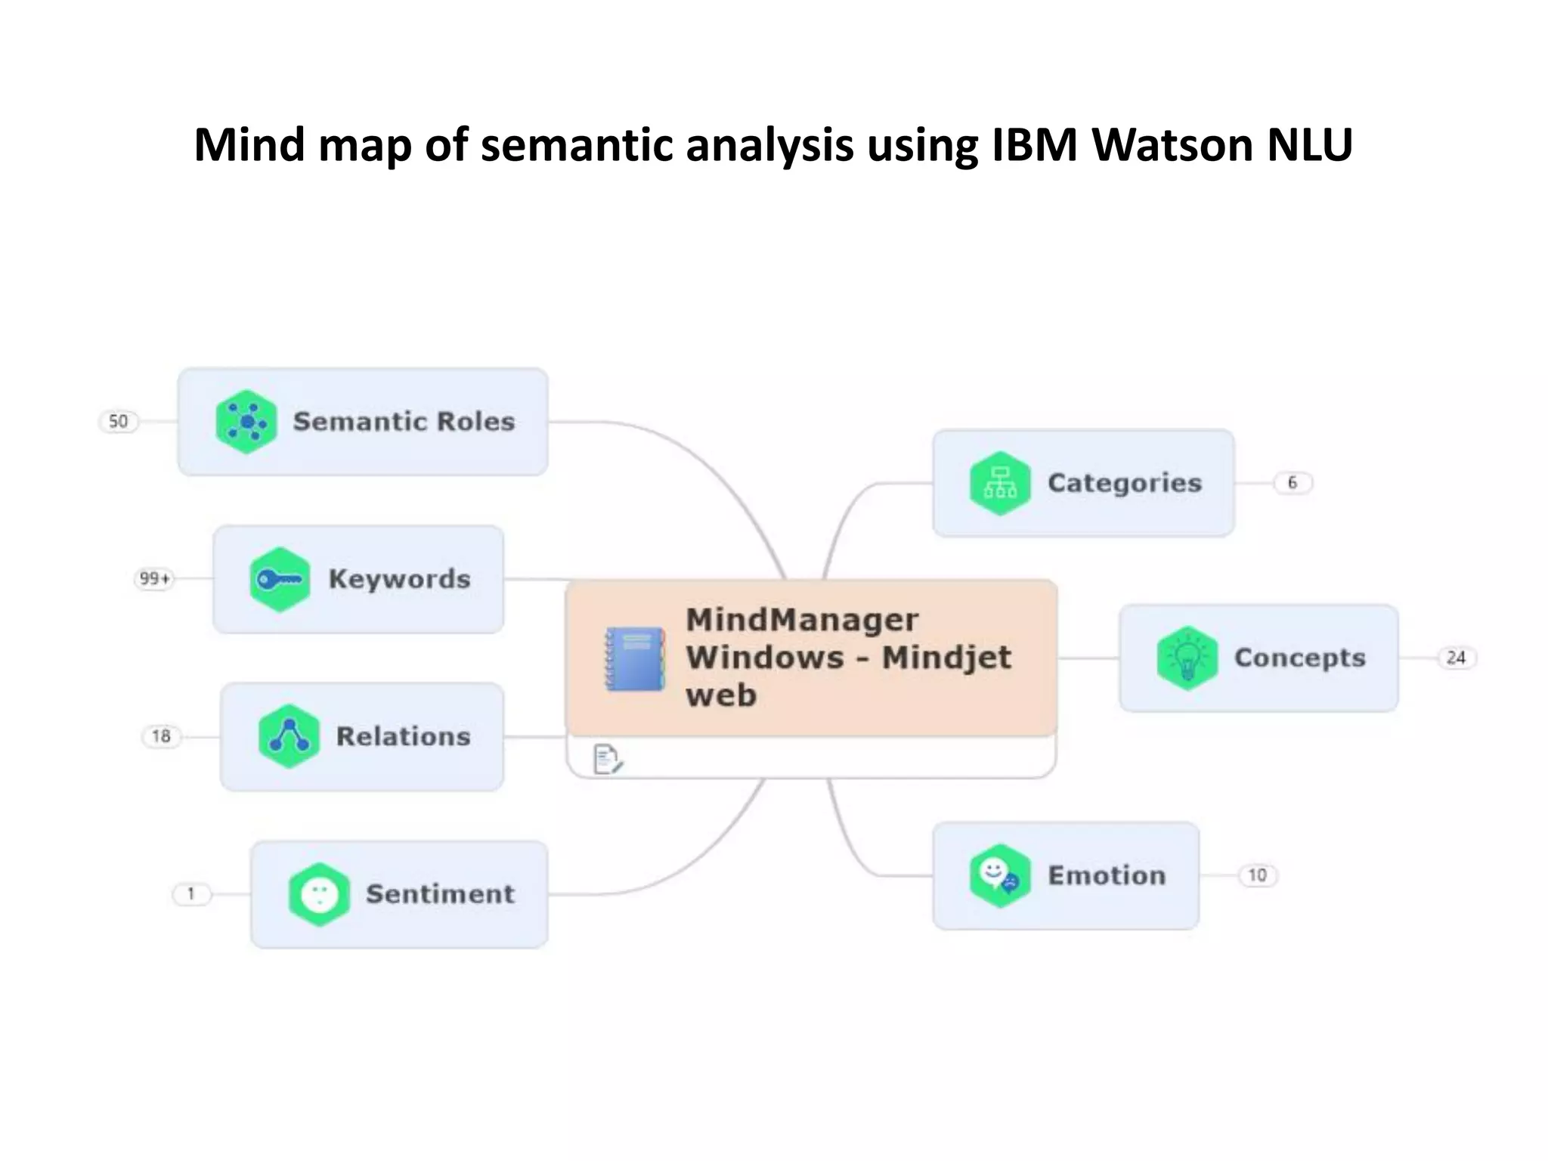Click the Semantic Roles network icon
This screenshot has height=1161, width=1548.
[x=246, y=422]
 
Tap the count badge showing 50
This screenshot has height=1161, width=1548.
[x=119, y=421]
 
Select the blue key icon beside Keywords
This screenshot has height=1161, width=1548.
[x=280, y=580]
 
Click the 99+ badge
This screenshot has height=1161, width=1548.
[x=154, y=579]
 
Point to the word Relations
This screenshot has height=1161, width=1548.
[x=403, y=736]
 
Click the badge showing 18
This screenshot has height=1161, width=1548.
[x=161, y=736]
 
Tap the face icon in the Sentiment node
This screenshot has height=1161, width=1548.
[x=319, y=895]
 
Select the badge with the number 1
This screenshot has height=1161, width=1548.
[x=191, y=894]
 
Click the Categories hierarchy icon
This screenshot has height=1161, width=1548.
[x=1000, y=484]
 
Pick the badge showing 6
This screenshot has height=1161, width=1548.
[x=1293, y=483]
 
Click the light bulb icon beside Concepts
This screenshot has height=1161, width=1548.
[x=1187, y=658]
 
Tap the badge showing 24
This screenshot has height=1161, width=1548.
[x=1456, y=658]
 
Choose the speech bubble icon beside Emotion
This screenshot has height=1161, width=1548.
[x=999, y=876]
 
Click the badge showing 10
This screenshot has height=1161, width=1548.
[x=1257, y=875]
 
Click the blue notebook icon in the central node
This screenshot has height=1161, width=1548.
[x=635, y=659]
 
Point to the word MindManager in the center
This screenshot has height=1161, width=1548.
[x=802, y=620]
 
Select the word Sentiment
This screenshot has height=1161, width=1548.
[x=440, y=894]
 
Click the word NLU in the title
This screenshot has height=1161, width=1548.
[x=1309, y=144]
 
